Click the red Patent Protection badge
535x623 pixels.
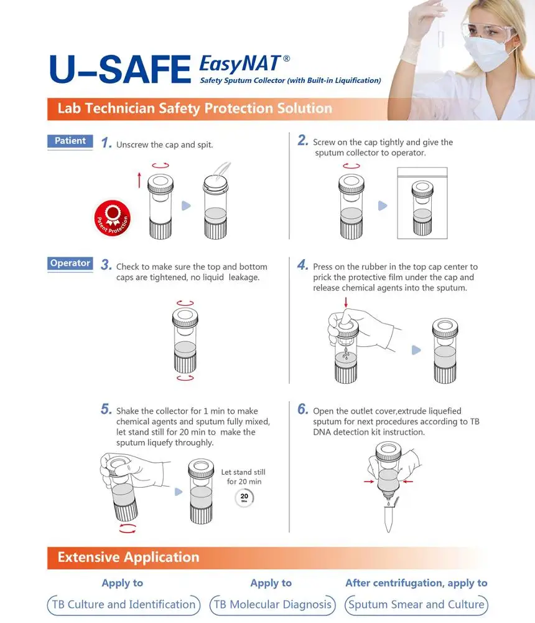coord(113,218)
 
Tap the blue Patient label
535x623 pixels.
coord(70,141)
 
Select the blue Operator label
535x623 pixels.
coord(70,263)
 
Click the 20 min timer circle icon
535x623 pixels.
coord(244,497)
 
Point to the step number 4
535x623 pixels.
coord(302,265)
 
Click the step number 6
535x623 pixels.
coord(302,409)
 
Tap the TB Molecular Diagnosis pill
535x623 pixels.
coord(272,605)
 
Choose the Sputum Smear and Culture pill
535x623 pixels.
coord(416,605)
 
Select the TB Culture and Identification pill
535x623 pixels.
coord(124,605)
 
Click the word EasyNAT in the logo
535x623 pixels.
coord(241,64)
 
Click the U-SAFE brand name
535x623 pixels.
coord(120,69)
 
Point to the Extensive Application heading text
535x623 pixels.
coord(128,557)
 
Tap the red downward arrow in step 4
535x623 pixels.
coord(346,302)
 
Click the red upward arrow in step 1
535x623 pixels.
coord(139,180)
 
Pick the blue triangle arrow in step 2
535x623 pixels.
coord(383,206)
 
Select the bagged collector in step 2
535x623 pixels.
coord(422,203)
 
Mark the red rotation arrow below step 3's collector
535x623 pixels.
coord(185,378)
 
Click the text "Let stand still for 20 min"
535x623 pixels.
coord(243,477)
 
